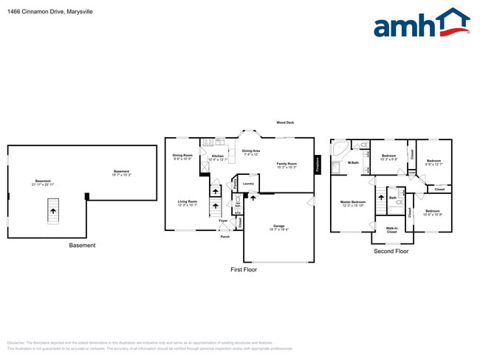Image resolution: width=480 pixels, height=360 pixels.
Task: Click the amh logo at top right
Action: point(421,24)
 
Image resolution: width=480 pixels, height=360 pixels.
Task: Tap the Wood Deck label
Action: point(285,122)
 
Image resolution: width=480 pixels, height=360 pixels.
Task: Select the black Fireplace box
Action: point(317,165)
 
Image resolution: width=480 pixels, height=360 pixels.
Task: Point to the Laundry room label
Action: point(248,184)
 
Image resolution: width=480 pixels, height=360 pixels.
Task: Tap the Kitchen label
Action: point(218,158)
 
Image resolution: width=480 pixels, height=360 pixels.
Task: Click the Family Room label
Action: point(287,165)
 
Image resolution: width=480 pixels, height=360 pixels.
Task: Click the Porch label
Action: point(224,237)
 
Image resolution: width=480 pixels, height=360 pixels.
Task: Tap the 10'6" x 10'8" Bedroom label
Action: point(433,212)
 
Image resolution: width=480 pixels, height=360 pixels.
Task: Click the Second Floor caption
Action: point(391,251)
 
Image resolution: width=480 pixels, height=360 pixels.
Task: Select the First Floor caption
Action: point(243,270)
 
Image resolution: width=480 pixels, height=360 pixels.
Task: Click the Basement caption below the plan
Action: point(82,245)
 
